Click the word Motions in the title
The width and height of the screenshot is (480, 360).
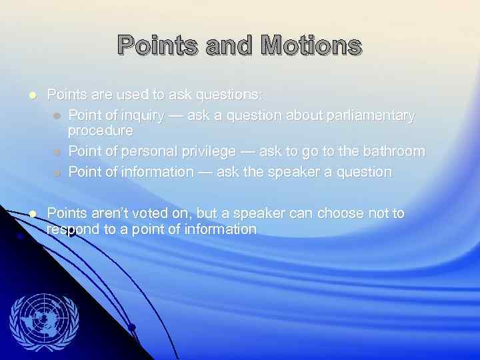pyautogui.click(x=311, y=46)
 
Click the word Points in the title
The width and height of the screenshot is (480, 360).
pyautogui.click(x=157, y=46)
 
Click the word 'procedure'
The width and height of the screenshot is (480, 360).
pyautogui.click(x=101, y=130)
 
